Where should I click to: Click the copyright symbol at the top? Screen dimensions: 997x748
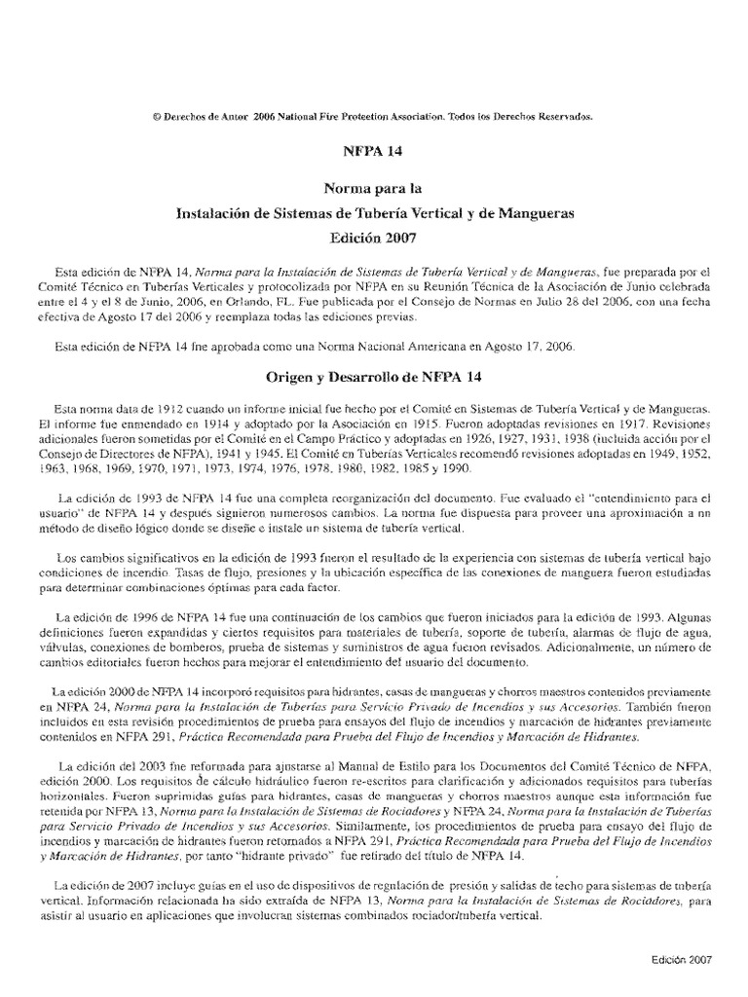(x=159, y=116)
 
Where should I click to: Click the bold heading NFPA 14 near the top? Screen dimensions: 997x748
(x=374, y=153)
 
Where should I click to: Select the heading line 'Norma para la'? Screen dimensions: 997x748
(x=374, y=189)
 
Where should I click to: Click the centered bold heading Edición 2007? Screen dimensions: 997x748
(x=374, y=237)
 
